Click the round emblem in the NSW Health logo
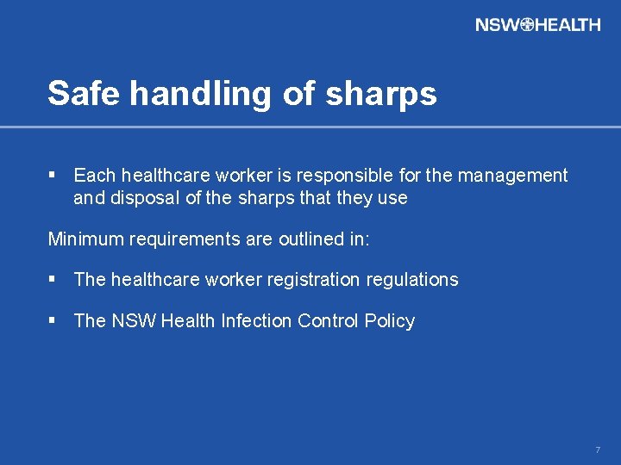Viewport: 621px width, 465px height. click(527, 24)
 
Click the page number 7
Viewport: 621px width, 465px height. click(597, 450)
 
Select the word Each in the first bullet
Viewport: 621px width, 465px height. click(93, 176)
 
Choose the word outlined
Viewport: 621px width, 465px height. click(311, 239)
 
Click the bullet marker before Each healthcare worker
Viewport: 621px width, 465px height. click(53, 176)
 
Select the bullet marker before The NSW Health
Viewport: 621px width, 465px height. click(53, 320)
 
